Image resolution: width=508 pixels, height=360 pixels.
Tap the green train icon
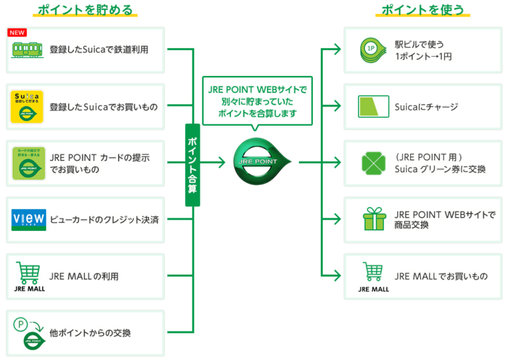pos(28,50)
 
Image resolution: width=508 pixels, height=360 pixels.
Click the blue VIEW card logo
pos(28,219)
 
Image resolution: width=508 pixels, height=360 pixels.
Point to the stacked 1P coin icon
pos(372,50)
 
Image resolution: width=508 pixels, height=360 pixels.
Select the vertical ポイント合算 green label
pos(192,164)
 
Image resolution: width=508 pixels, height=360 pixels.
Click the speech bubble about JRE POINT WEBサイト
pos(258,101)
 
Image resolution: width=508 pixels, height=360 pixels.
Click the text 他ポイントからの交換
pos(90,332)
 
